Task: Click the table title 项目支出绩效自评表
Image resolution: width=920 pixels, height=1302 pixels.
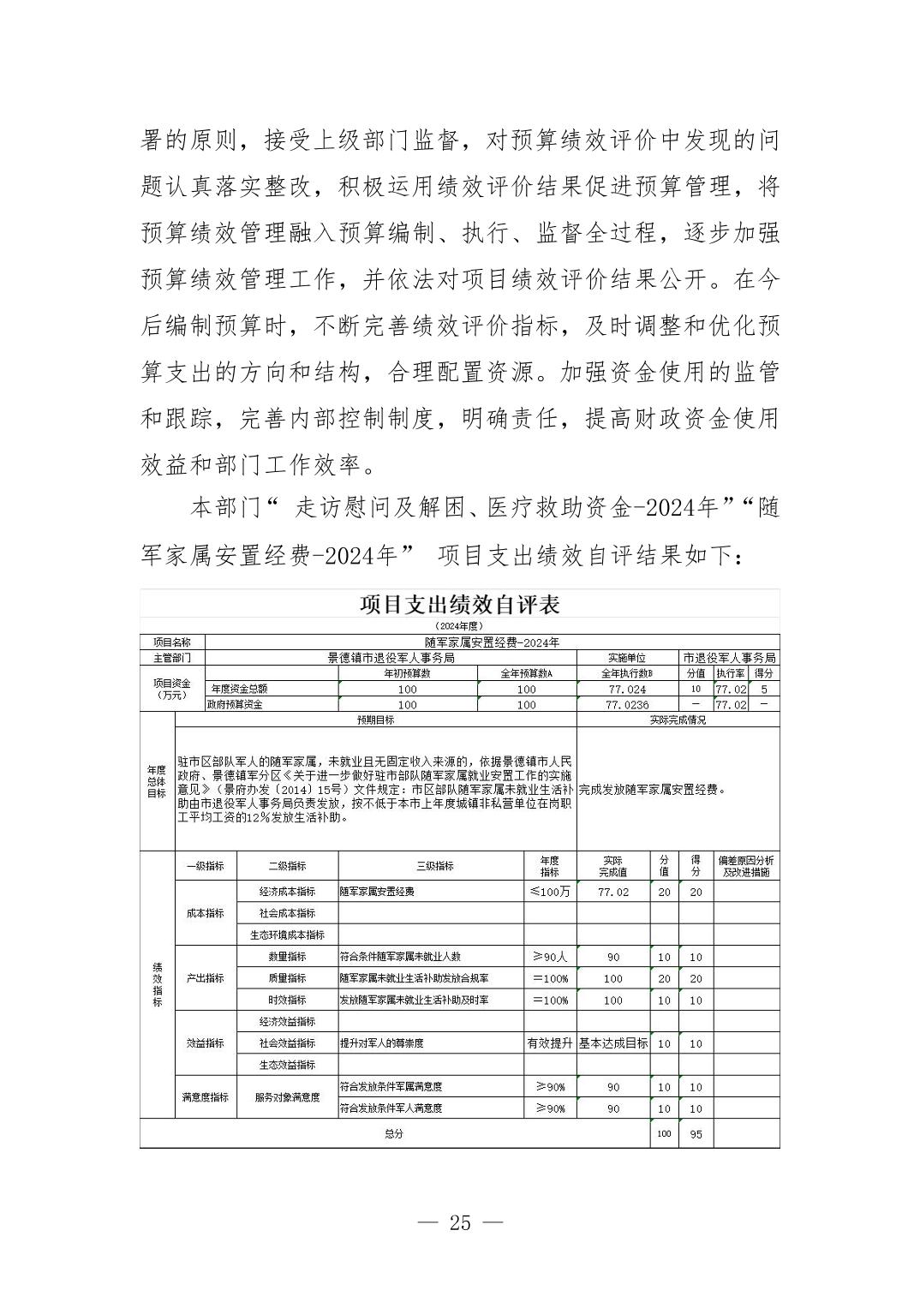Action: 459,605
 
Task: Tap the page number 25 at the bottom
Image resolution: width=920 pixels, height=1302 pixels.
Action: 460,1222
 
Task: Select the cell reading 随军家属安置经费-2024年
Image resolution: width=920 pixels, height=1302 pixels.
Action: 492,642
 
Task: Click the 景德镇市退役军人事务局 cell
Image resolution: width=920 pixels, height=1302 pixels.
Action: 391,658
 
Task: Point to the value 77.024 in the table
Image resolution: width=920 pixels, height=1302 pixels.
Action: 627,689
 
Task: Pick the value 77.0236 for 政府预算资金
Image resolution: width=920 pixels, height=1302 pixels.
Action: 627,705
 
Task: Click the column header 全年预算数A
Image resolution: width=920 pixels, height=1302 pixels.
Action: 526,673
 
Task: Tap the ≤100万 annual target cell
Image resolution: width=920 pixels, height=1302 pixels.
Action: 550,892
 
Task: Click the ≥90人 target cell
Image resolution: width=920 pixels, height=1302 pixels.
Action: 550,957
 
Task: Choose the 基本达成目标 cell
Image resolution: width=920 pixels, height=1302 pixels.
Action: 613,1043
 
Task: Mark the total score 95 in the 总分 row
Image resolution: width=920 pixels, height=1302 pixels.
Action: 696,1134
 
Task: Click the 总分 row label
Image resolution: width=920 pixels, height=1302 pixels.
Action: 393,1134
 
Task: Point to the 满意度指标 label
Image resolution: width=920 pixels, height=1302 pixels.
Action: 205,1097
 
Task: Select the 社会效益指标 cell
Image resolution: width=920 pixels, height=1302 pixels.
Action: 287,1043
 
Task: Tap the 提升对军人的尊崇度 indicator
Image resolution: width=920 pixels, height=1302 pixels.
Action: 382,1043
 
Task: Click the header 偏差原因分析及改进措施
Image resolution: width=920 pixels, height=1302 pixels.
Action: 746,866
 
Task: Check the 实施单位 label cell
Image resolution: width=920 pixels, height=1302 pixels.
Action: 627,658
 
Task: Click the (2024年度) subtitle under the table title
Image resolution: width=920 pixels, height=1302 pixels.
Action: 459,626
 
